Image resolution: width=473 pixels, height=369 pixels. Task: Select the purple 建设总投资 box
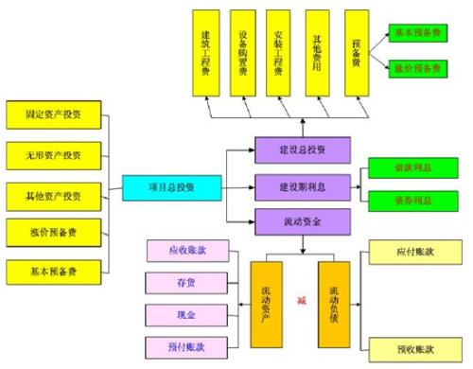click(303, 149)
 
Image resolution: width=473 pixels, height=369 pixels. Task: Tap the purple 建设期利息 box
click(303, 184)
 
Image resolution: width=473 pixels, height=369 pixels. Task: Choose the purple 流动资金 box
click(303, 221)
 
